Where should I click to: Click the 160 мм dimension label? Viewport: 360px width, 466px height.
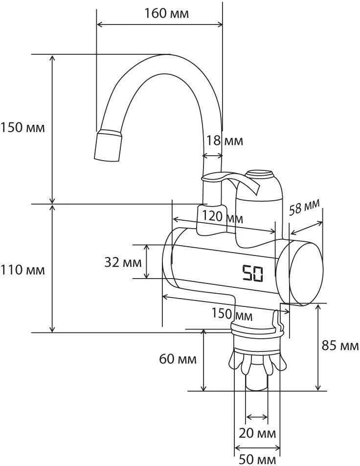(166, 13)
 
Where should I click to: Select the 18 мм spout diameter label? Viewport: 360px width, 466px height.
(225, 140)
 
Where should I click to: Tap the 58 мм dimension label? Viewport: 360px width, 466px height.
(305, 207)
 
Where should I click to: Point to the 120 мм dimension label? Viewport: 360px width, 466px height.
(222, 217)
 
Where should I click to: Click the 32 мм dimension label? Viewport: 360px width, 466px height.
(123, 262)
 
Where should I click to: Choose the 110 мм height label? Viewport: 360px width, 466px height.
(22, 270)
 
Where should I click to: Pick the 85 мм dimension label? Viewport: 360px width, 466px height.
(340, 346)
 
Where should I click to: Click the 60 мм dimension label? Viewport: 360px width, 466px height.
(178, 359)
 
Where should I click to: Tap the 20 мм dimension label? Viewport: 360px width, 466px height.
(257, 433)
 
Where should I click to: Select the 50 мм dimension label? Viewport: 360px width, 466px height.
(257, 460)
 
